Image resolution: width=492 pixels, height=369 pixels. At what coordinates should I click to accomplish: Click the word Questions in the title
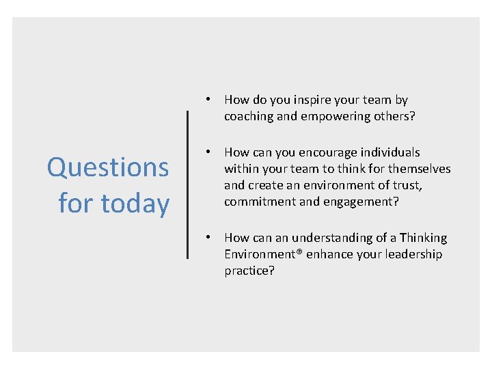click(x=108, y=167)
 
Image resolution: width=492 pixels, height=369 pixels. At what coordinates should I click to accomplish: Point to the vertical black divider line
click(x=188, y=184)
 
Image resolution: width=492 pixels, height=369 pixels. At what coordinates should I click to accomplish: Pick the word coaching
click(x=249, y=116)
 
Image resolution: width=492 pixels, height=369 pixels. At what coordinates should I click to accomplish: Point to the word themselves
click(x=419, y=169)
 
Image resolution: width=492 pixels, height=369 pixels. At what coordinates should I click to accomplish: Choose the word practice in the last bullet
click(x=247, y=271)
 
